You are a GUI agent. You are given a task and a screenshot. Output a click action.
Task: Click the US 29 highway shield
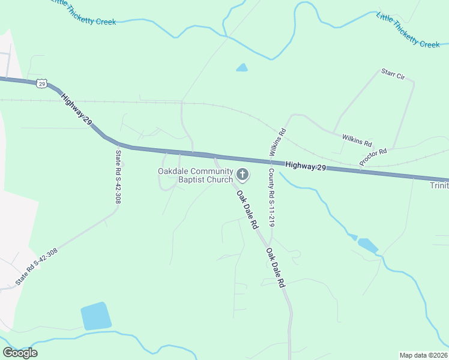pos(41,83)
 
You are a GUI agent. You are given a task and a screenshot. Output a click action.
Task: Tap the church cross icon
pos(243,175)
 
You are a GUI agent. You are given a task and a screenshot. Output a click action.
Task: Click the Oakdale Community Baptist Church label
pos(195,175)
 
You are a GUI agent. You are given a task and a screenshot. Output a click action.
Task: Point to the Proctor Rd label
pos(373,157)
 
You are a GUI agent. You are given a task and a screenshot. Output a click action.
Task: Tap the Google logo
pos(20,353)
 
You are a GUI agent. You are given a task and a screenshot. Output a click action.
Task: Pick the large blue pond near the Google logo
pos(96,316)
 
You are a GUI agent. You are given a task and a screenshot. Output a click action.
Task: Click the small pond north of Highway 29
pos(242,68)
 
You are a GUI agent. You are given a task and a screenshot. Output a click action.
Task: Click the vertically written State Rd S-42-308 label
pos(118,176)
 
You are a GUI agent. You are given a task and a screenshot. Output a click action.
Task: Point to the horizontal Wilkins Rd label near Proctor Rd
pos(357,142)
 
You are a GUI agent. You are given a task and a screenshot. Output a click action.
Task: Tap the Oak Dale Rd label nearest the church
pos(247,210)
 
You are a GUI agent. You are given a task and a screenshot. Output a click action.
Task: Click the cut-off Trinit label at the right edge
pos(439,186)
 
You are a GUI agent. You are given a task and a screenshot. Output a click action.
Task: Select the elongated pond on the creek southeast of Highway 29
pos(367,245)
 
